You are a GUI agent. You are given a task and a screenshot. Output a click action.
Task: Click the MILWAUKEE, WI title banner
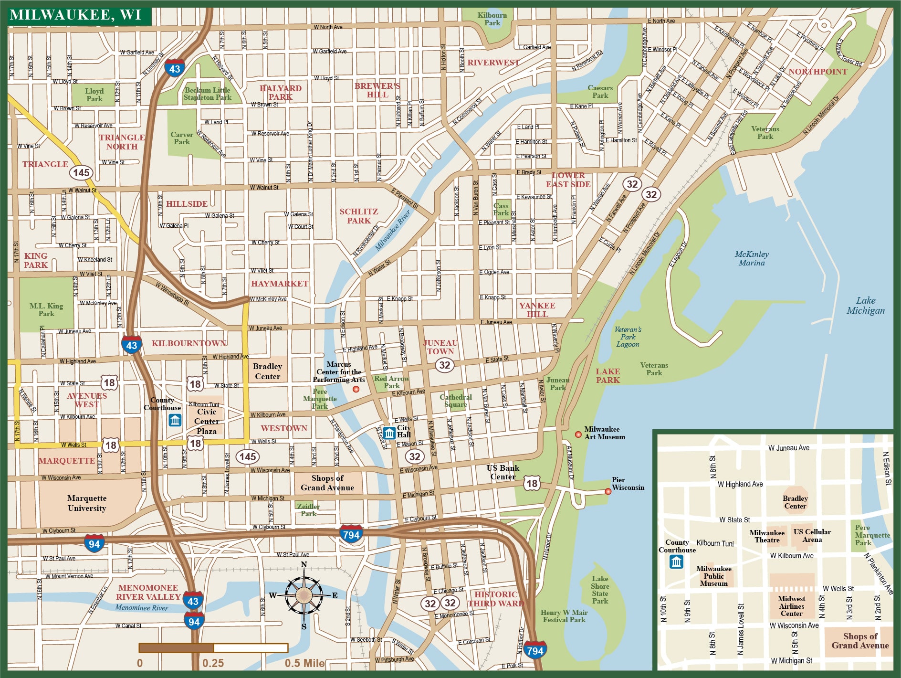(76, 15)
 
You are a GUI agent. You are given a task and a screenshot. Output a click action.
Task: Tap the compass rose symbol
(304, 595)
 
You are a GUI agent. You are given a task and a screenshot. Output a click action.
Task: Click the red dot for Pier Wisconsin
(608, 491)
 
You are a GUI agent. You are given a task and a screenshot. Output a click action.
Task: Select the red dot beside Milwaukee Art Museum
(578, 434)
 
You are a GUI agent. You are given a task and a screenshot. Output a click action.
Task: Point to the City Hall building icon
(389, 433)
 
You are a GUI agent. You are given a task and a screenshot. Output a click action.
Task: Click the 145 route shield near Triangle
(81, 172)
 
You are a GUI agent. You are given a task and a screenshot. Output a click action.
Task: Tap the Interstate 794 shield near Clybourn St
(351, 535)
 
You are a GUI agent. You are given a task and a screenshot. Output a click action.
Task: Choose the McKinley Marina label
(752, 258)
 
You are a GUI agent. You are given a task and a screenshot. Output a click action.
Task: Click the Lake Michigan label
(866, 306)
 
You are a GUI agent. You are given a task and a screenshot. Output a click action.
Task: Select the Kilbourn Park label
(492, 19)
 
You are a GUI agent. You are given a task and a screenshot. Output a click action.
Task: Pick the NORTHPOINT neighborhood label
(817, 72)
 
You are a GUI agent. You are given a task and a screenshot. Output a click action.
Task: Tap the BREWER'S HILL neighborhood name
(377, 90)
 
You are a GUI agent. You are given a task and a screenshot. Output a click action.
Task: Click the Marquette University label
(87, 503)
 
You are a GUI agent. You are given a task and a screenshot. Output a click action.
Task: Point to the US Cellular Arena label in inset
(812, 535)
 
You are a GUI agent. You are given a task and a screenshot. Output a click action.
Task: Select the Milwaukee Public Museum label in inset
(713, 576)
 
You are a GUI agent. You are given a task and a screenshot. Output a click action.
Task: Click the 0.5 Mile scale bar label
(304, 663)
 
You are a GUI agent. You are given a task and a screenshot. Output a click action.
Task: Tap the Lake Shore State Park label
(600, 590)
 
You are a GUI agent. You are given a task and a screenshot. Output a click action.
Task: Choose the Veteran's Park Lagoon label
(628, 337)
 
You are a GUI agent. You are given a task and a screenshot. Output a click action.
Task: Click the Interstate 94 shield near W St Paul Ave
(94, 544)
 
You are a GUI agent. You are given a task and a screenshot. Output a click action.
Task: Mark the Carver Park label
(182, 138)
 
